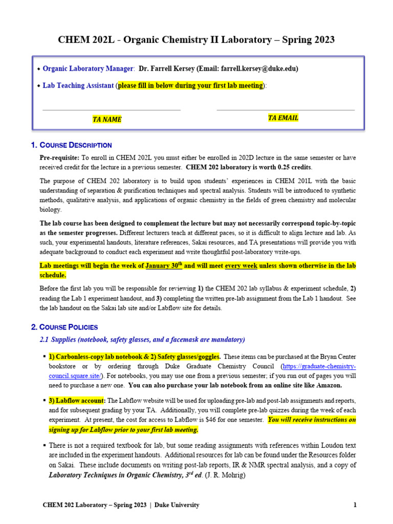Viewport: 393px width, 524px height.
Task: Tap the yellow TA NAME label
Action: tap(107, 120)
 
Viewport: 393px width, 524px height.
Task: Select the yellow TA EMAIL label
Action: tap(283, 118)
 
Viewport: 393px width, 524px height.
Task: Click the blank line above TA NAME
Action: tap(111, 110)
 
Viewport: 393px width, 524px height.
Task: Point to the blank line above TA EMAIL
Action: tap(286, 110)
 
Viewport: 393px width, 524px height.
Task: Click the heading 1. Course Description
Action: tap(72, 145)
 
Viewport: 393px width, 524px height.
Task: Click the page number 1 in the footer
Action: tap(355, 505)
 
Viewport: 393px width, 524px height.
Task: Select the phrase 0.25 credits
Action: tap(291, 167)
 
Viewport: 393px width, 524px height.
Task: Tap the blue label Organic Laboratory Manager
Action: tap(88, 68)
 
